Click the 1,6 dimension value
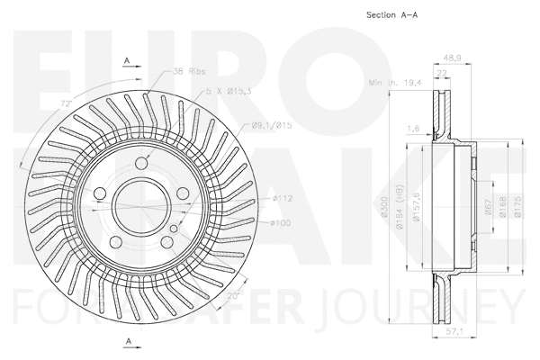(415, 129)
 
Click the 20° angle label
(233, 295)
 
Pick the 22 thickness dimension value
(443, 74)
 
